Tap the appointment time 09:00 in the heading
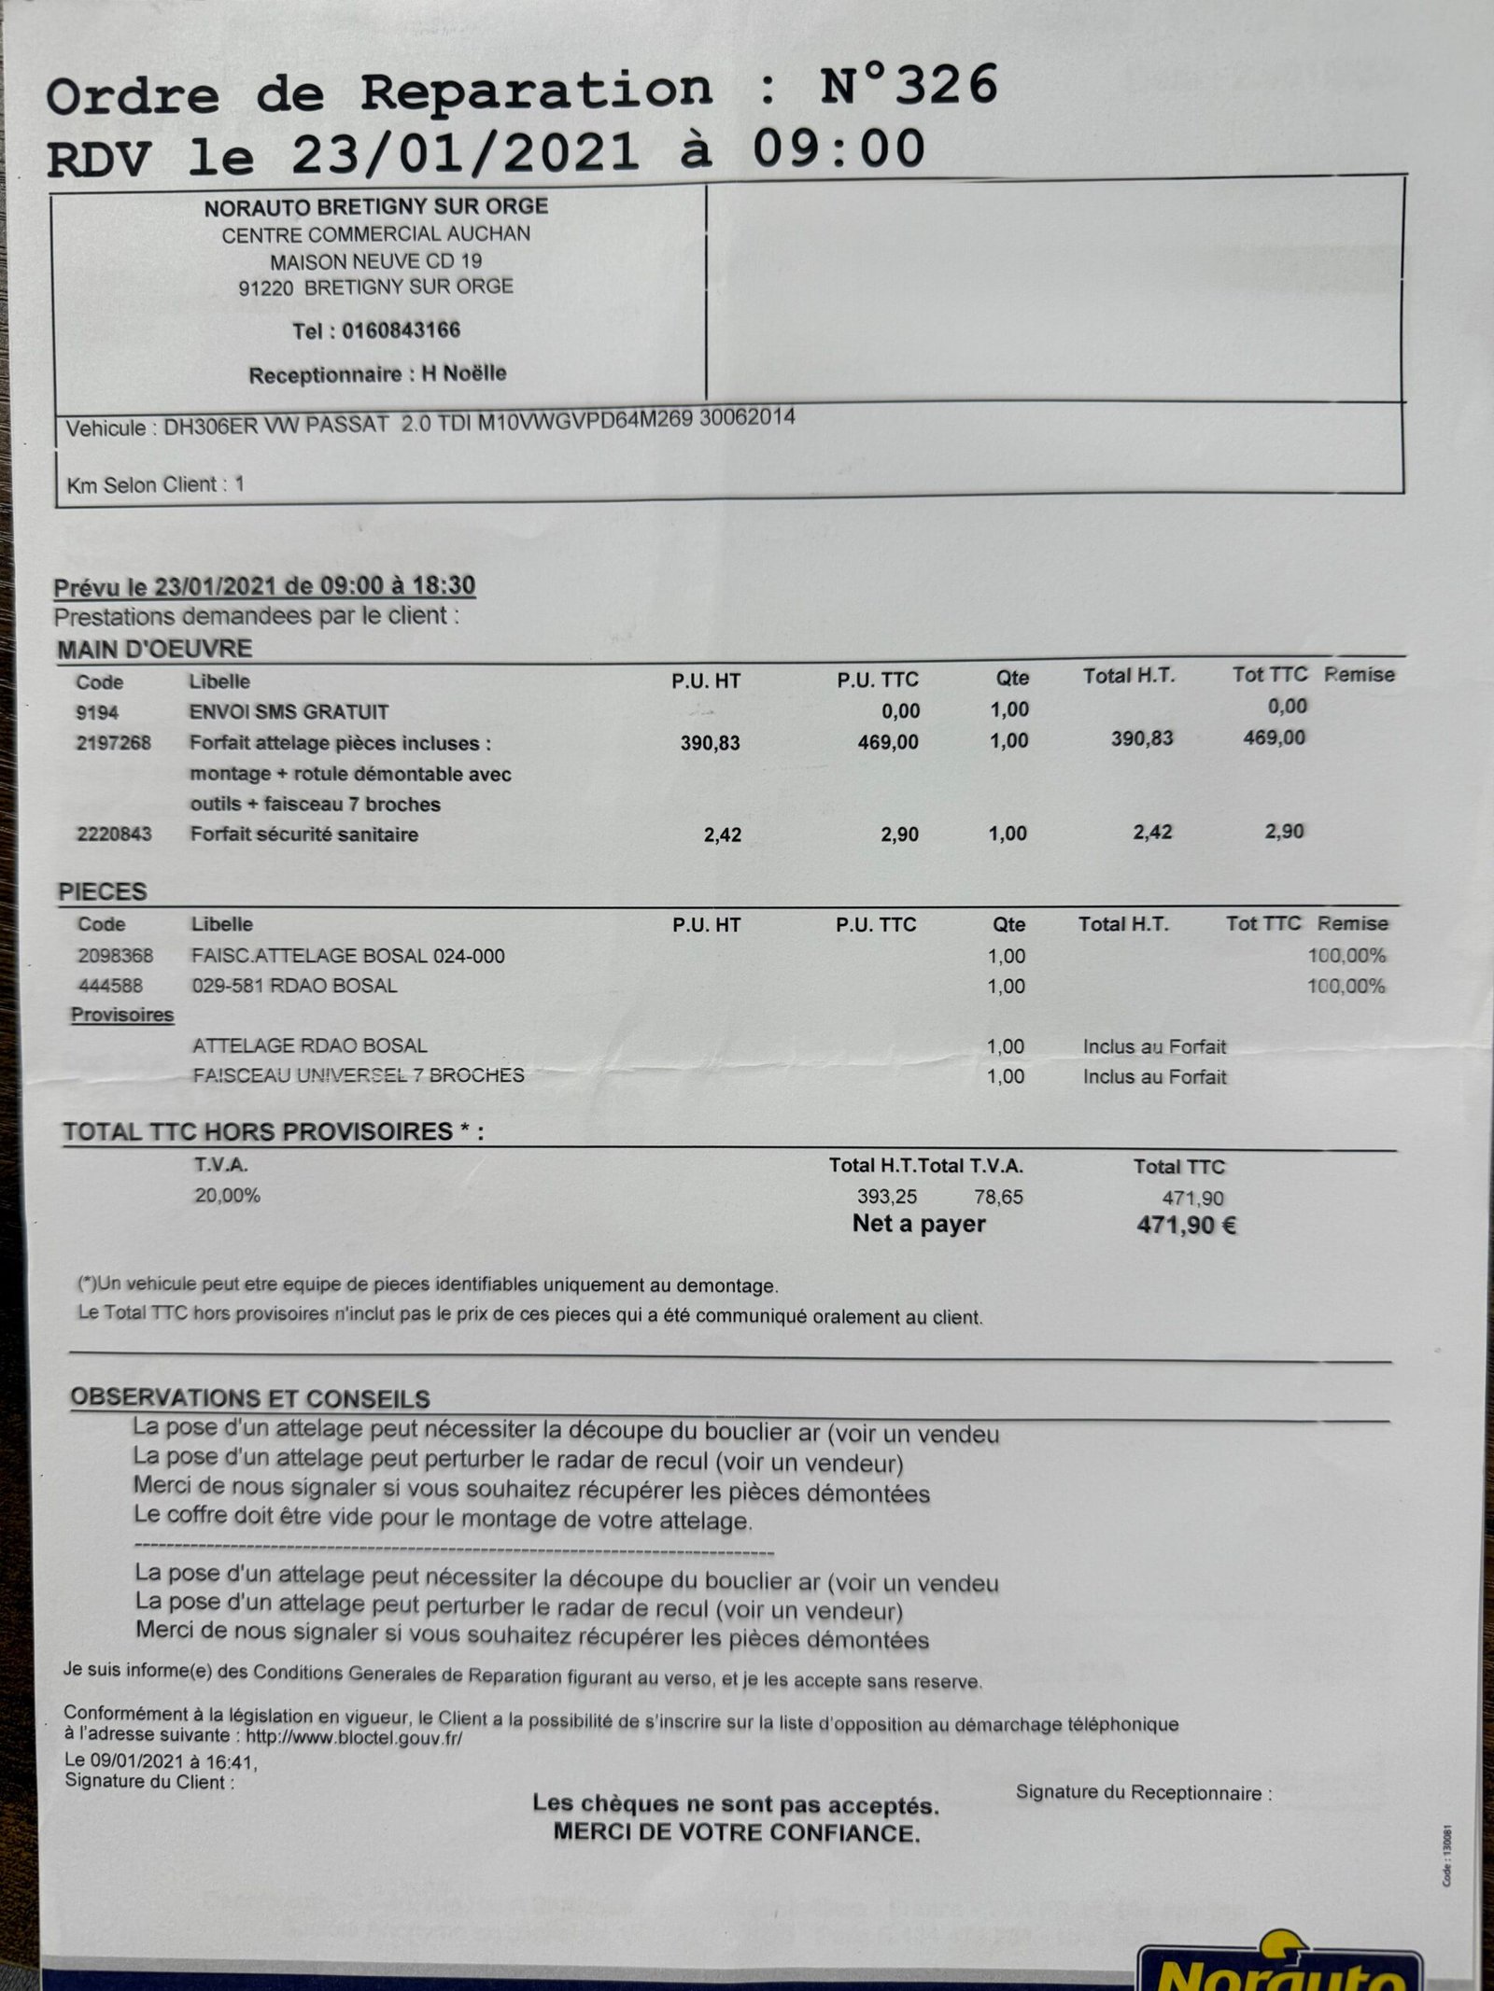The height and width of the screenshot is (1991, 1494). point(839,150)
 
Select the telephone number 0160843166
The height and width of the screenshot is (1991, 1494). point(401,330)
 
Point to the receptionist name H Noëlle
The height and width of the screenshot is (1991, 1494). point(463,373)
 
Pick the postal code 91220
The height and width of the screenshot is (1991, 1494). point(265,288)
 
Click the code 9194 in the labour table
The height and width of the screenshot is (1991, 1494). point(97,713)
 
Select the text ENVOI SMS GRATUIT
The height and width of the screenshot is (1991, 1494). point(289,712)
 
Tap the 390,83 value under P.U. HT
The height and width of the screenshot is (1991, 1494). point(710,743)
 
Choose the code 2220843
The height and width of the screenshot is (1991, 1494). point(114,834)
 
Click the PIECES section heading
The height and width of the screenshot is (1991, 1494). point(103,891)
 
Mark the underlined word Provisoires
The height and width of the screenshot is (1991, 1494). point(122,1016)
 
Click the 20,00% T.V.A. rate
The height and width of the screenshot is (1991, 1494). point(227,1196)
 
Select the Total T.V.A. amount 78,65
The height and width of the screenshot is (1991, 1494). point(998,1197)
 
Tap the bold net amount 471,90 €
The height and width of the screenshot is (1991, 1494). point(1186,1226)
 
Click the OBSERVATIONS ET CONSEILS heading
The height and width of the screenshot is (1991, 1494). point(249,1398)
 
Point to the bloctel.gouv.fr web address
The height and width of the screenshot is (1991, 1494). point(354,1738)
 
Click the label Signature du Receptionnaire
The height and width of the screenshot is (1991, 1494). point(1143,1792)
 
